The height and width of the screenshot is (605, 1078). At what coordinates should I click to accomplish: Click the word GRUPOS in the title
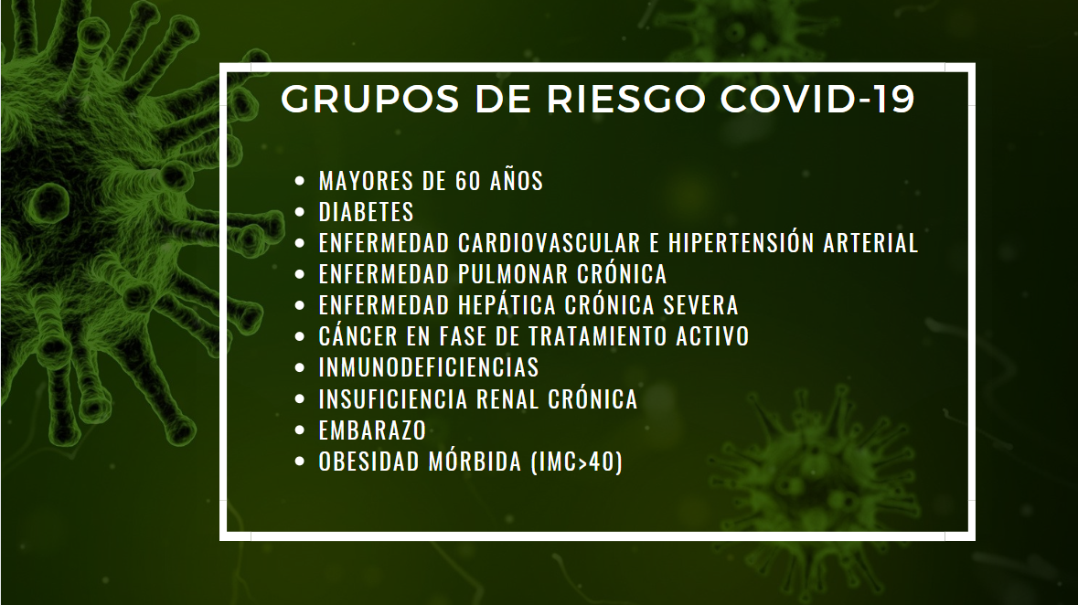coord(370,99)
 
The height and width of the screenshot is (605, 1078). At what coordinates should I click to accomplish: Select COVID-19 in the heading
coord(817,99)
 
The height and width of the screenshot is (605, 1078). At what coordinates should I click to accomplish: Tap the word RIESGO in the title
coord(626,99)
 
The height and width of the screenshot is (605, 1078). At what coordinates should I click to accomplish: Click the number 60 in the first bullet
coord(467,181)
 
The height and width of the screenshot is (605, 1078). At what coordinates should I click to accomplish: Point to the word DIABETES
coord(367,212)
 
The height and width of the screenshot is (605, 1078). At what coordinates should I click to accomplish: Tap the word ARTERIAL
coord(871,243)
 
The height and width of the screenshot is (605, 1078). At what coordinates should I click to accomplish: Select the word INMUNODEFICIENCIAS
coord(429,367)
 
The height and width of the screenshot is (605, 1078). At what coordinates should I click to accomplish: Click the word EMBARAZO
coord(373,430)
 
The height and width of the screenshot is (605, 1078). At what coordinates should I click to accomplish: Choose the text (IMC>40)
coord(578,462)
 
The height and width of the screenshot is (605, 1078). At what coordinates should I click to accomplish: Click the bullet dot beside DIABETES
coord(300,212)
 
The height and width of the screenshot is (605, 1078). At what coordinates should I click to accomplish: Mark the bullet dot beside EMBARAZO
coord(300,430)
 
